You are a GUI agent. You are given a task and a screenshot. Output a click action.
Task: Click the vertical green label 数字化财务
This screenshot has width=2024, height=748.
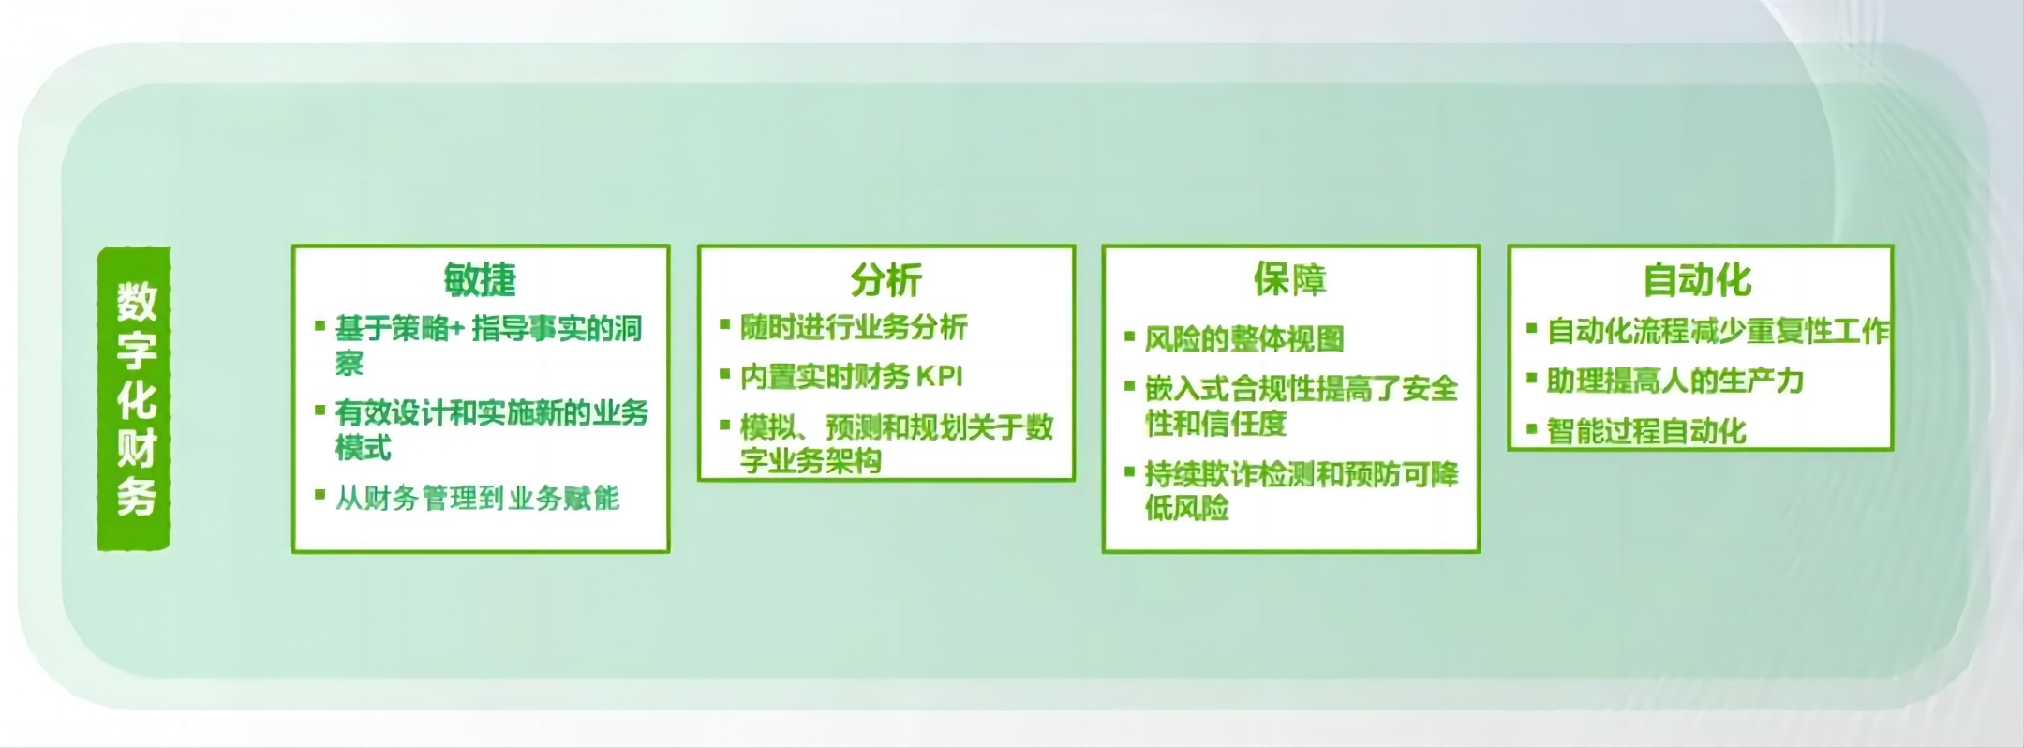point(134,398)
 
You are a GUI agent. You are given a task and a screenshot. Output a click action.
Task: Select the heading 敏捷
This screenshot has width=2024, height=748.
point(480,279)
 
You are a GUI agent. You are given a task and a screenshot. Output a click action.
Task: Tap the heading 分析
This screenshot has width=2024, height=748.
point(885,279)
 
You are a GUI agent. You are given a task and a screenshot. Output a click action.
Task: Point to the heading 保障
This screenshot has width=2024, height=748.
point(1289,279)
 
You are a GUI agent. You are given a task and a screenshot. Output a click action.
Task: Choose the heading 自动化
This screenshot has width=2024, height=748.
point(1697,279)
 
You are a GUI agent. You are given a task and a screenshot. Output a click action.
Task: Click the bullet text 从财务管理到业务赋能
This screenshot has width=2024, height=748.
point(477,498)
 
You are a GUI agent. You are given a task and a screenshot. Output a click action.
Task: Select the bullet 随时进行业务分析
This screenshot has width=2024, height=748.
point(854,327)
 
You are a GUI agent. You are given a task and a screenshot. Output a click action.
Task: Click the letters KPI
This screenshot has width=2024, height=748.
point(939,377)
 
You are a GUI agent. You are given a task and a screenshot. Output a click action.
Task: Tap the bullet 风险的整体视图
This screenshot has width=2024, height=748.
point(1244,338)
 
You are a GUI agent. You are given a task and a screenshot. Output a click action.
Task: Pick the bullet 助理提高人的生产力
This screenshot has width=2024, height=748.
point(1674,381)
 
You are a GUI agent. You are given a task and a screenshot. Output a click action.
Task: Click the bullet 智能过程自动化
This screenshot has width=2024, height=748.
point(1646,431)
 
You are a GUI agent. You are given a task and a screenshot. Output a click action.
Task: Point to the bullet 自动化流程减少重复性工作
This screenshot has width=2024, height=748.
point(1718,330)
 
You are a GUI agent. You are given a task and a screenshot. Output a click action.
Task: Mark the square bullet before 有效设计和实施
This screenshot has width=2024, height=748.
point(320,410)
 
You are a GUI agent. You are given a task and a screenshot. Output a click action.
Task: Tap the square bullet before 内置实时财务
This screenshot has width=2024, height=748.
point(724,375)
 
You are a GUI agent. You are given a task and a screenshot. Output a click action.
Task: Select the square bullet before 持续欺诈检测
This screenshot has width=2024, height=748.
point(1129,471)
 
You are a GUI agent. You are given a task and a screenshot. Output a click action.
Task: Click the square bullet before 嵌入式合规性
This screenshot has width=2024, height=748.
point(1129,385)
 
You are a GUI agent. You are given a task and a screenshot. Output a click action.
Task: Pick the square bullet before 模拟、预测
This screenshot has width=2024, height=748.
point(724,425)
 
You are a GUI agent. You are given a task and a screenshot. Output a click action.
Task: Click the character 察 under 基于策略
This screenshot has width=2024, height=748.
point(350,363)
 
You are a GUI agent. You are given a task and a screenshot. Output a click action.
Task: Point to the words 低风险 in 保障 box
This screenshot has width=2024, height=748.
point(1186,508)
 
